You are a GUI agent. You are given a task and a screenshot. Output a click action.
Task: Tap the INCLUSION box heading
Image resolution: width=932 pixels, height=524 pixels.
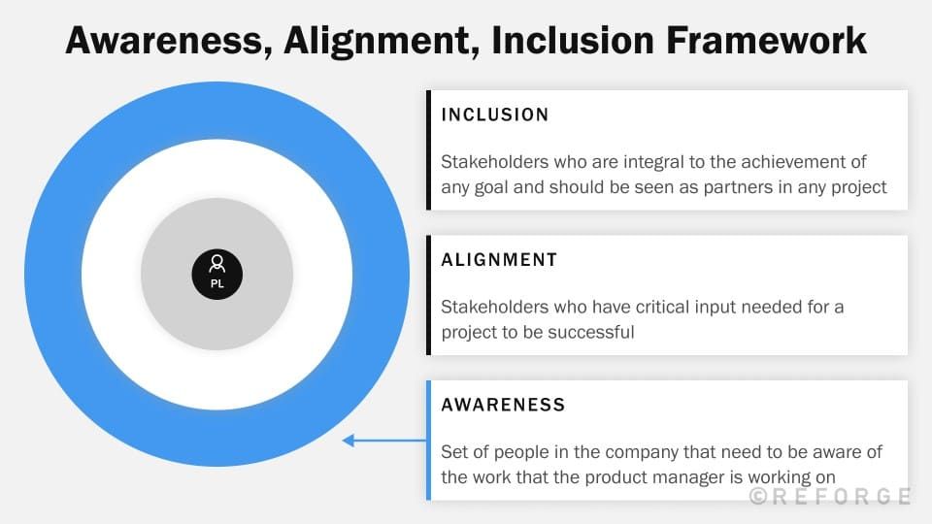(x=495, y=115)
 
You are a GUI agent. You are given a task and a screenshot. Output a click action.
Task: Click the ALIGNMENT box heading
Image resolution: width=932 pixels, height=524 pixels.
(x=499, y=260)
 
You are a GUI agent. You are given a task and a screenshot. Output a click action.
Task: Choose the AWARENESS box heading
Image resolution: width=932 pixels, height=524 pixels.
(x=503, y=404)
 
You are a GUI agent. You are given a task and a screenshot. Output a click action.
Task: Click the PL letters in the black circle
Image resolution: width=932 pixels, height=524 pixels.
(x=217, y=284)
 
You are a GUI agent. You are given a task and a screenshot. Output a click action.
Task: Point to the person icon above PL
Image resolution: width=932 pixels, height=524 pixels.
(x=217, y=264)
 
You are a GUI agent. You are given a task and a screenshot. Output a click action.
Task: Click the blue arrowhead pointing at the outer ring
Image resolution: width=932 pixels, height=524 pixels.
(x=348, y=441)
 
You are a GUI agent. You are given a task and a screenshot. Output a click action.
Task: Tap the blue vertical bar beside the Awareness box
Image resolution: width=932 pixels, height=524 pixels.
(x=428, y=440)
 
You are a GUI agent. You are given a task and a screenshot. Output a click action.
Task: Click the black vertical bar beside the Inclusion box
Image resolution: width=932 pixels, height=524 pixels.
(x=428, y=150)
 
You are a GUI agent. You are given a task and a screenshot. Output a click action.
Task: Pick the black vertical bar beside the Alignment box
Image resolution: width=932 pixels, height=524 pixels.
(x=428, y=295)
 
